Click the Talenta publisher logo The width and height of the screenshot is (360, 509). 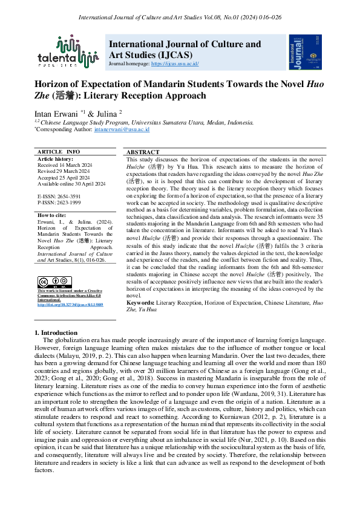click(76, 51)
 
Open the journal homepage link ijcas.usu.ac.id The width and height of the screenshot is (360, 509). click(175, 63)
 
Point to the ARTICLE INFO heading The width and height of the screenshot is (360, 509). click(59, 151)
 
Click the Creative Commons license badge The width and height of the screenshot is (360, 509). click(50, 282)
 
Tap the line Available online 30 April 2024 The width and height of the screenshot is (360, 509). click(71, 183)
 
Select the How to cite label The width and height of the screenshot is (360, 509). click(54, 215)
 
